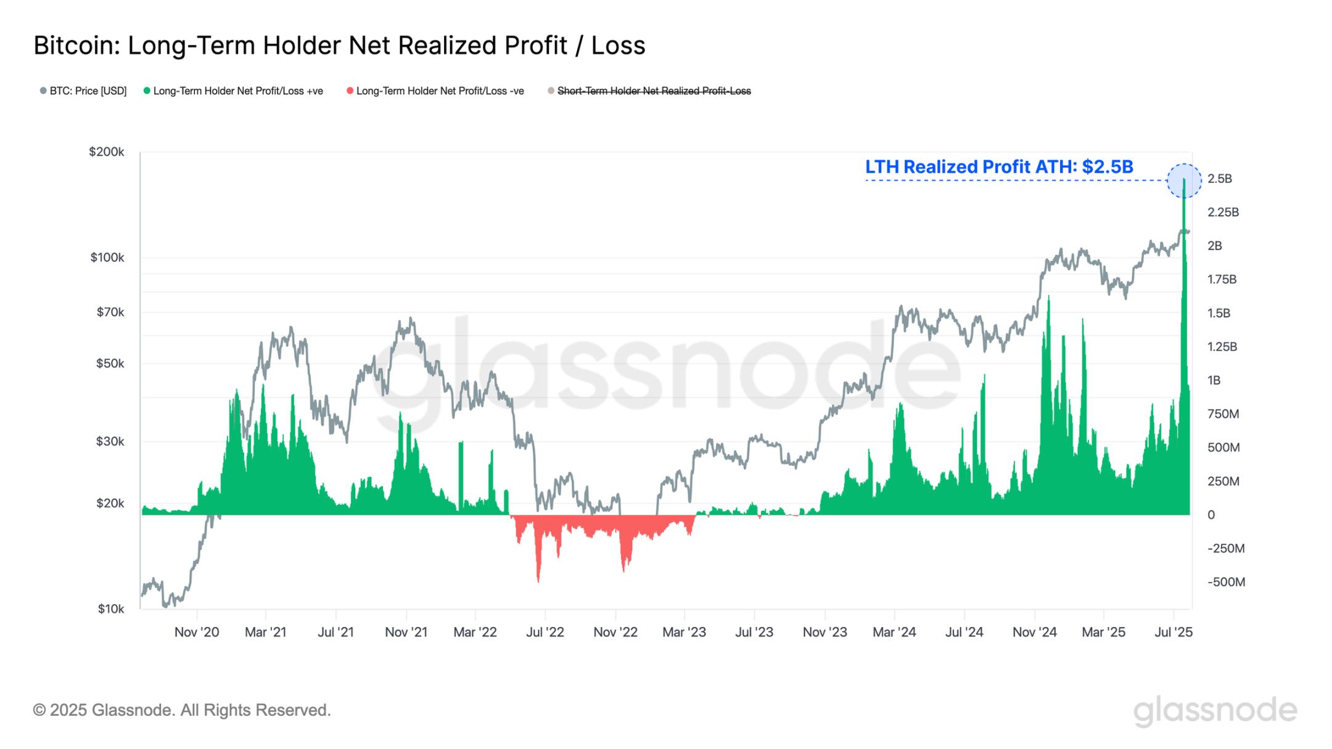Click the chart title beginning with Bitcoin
339,46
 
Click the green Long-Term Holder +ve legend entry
234,91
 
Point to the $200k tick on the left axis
106,152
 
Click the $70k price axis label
110,313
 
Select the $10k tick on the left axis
110,609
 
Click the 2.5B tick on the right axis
1219,179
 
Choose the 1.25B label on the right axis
1222,346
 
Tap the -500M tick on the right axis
1226,582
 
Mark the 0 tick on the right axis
1211,515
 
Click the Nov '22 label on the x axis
615,632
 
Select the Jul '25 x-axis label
1174,632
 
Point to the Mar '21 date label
265,632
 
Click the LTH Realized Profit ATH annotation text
999,166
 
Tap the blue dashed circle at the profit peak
1184,181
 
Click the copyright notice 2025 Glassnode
182,710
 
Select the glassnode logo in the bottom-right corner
1215,710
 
